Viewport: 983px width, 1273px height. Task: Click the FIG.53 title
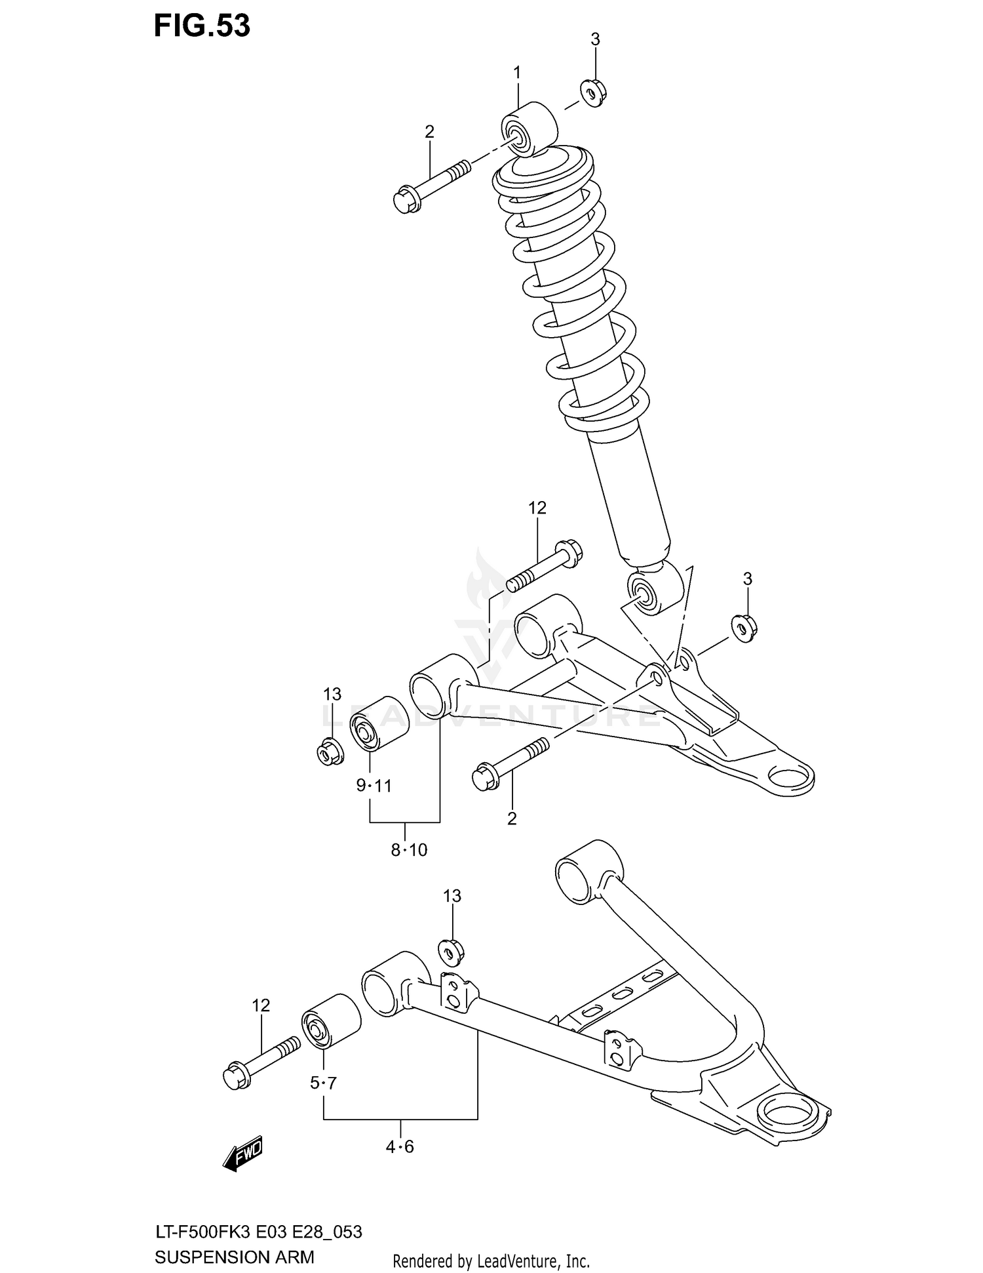coord(201,26)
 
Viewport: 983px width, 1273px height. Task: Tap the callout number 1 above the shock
coord(516,73)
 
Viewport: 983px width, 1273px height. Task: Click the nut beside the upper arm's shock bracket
coord(743,628)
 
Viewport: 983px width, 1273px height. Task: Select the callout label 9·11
coord(374,785)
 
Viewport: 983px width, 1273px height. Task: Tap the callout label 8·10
coord(408,850)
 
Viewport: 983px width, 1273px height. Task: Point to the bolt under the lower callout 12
coord(261,1062)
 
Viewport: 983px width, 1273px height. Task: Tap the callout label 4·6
coord(399,1146)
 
